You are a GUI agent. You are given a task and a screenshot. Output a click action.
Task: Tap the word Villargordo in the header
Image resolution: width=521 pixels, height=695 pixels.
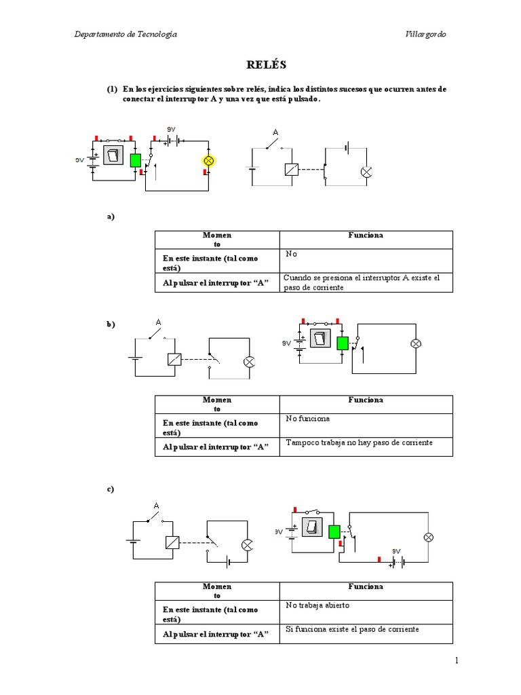pyautogui.click(x=425, y=35)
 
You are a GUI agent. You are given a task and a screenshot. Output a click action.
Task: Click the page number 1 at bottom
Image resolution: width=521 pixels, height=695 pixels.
pyautogui.click(x=457, y=660)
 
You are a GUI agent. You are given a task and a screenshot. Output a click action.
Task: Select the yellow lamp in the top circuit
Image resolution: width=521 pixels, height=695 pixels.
pyautogui.click(x=209, y=161)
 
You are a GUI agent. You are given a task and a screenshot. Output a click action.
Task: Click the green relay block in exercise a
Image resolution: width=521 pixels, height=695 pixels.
pyautogui.click(x=135, y=160)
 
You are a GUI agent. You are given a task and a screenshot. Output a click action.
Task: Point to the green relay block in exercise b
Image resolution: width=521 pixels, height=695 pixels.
pyautogui.click(x=342, y=343)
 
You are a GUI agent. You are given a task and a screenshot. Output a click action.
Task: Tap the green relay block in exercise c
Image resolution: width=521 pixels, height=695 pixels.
pyautogui.click(x=334, y=531)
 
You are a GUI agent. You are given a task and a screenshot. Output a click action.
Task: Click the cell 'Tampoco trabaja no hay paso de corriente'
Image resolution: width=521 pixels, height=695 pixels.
pyautogui.click(x=359, y=443)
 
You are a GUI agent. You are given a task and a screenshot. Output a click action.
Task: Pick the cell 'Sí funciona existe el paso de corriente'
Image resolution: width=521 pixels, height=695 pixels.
pyautogui.click(x=352, y=629)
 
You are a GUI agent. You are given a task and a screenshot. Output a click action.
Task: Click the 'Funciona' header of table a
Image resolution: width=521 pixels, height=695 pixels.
pyautogui.click(x=366, y=236)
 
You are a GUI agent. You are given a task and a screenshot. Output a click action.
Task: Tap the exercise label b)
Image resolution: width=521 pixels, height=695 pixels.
pyautogui.click(x=111, y=324)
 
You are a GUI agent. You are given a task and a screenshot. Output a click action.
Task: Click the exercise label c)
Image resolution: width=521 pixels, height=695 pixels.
pyautogui.click(x=111, y=489)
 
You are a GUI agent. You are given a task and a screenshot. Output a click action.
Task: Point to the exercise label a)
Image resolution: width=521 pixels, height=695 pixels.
pyautogui.click(x=111, y=217)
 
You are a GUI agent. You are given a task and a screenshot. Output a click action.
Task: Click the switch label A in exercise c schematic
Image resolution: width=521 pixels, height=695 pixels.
pyautogui.click(x=156, y=506)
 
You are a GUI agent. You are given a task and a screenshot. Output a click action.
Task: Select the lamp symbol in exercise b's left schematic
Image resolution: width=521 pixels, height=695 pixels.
pyautogui.click(x=248, y=361)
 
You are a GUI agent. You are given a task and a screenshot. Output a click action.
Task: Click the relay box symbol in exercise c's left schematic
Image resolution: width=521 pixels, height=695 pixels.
pyautogui.click(x=172, y=542)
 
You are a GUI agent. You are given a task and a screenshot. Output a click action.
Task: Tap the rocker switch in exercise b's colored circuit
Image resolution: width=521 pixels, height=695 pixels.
pyautogui.click(x=320, y=339)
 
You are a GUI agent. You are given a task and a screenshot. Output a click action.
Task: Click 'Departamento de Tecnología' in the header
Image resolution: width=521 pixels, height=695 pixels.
pyautogui.click(x=126, y=35)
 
